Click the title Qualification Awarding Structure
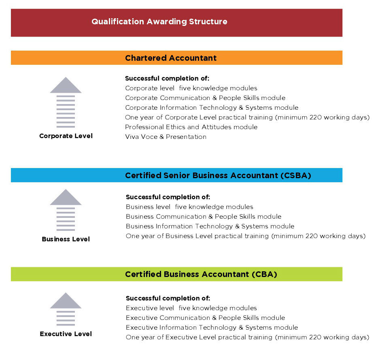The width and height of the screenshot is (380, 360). click(159, 21)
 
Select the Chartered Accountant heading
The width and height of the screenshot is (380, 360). click(171, 58)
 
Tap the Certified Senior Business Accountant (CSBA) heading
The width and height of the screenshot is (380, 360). click(218, 175)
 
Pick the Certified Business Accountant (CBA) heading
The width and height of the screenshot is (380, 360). click(201, 274)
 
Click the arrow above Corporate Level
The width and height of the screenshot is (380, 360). click(66, 102)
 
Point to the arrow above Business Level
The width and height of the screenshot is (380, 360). click(66, 210)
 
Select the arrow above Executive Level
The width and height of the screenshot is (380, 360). click(66, 309)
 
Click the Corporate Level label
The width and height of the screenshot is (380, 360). click(66, 136)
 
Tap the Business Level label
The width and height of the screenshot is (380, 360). click(66, 239)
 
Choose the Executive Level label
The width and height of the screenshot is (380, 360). click(66, 334)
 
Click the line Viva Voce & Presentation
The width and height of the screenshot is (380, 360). click(166, 137)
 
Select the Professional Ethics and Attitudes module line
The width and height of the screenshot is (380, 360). click(191, 127)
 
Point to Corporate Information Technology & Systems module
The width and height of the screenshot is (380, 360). click(212, 108)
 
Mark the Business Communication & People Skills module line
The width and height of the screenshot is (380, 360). click(204, 217)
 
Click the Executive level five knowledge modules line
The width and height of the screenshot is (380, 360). click(191, 308)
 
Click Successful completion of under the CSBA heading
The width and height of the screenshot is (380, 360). click(168, 197)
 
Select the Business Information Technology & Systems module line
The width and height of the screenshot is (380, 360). click(210, 226)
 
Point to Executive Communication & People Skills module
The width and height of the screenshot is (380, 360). click(206, 318)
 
